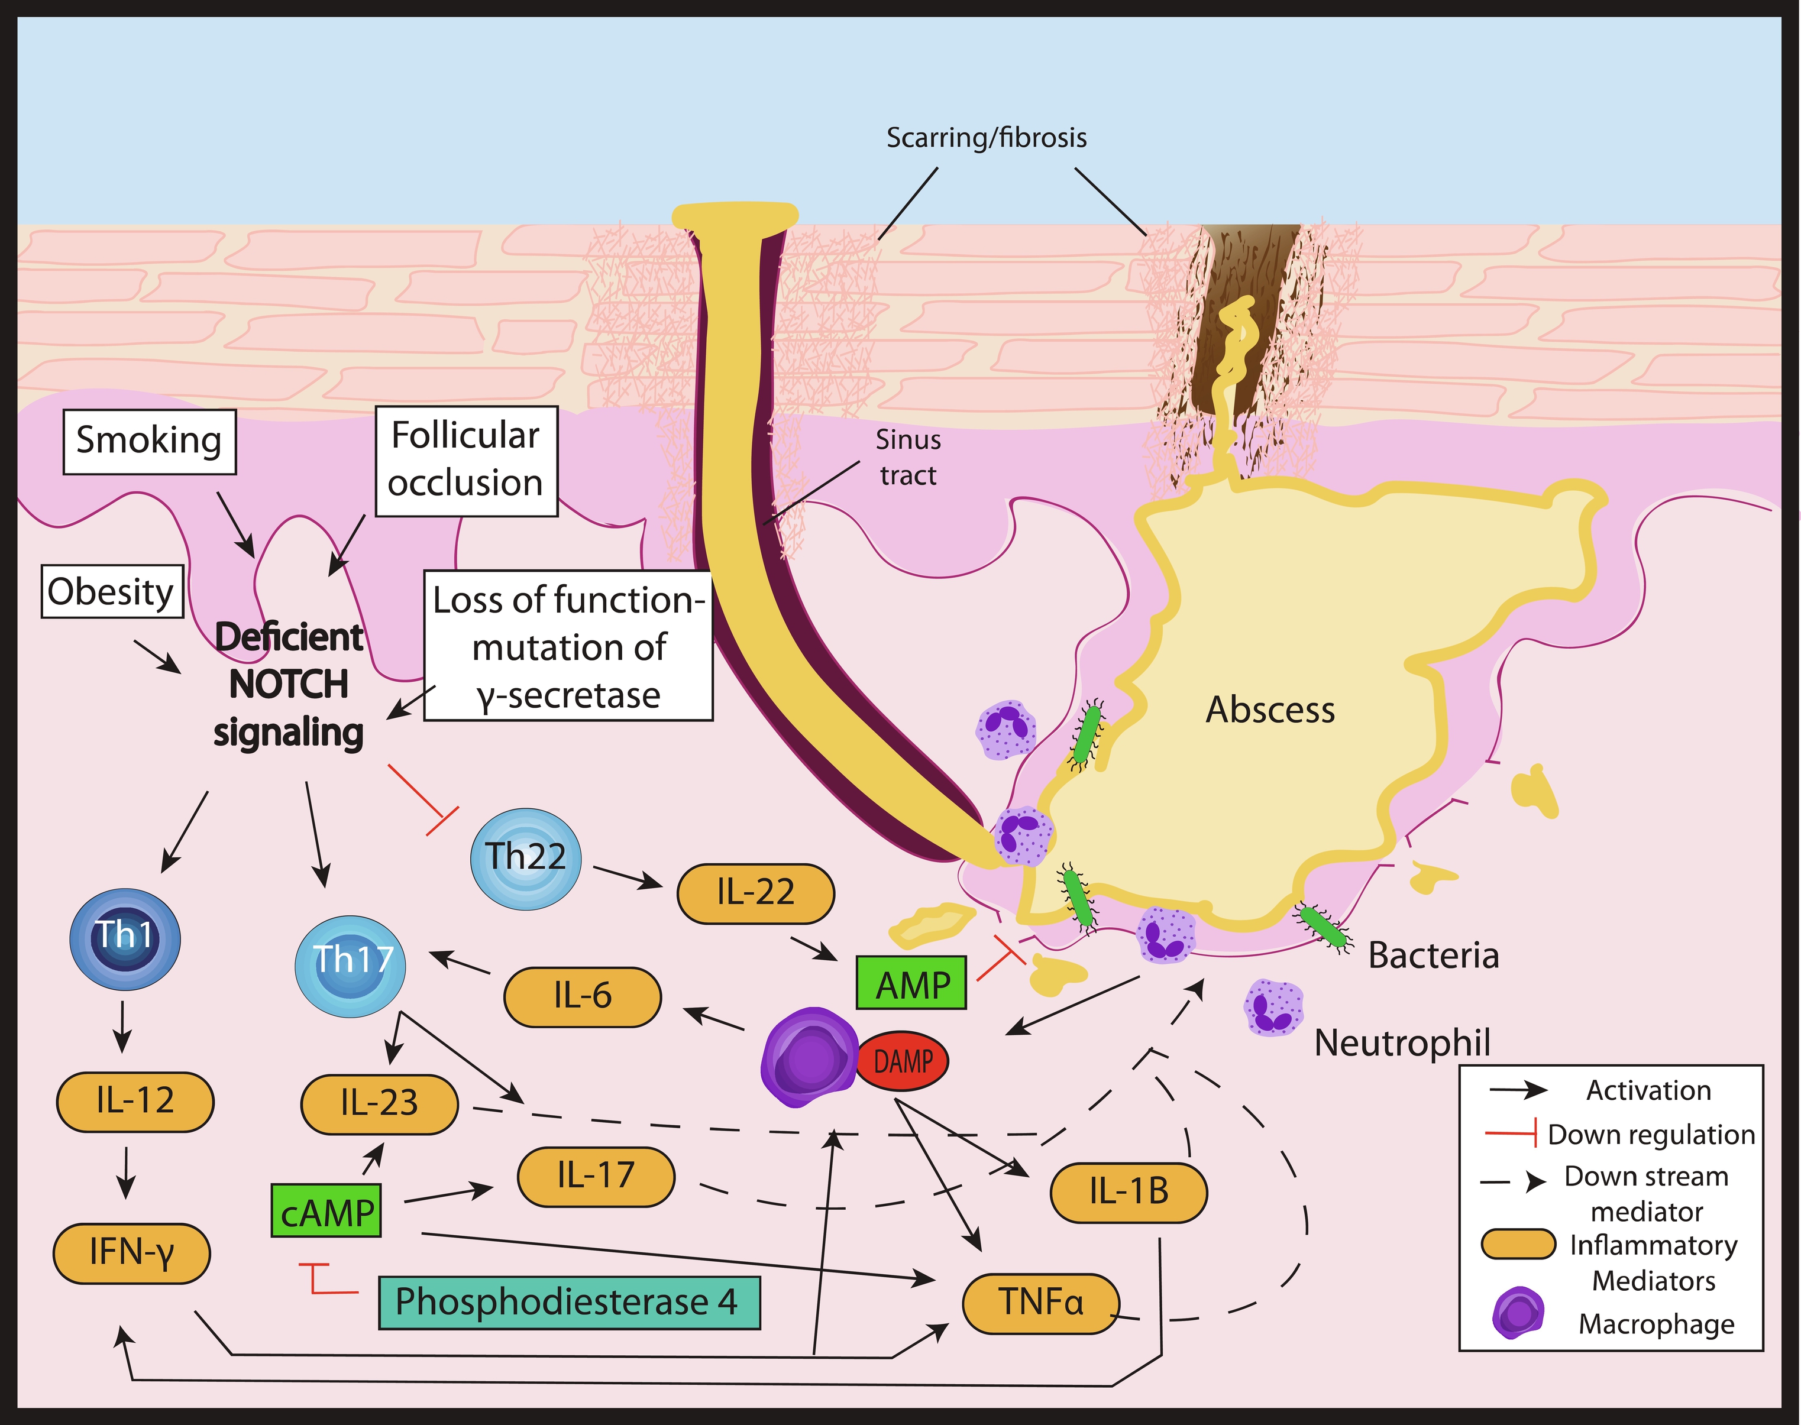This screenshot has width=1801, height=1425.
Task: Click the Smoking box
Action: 150,441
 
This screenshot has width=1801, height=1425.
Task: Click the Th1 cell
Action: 124,936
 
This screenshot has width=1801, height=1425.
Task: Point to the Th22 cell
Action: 526,858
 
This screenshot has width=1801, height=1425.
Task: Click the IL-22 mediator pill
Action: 755,893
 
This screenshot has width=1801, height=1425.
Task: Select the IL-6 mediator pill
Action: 583,996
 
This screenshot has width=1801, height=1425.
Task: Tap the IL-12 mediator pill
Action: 135,1102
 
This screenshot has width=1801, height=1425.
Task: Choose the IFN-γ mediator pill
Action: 132,1252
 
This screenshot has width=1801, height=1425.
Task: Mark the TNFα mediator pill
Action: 1041,1303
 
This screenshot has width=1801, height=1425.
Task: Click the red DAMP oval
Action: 903,1062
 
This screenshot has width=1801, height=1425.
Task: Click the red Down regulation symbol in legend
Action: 1511,1134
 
